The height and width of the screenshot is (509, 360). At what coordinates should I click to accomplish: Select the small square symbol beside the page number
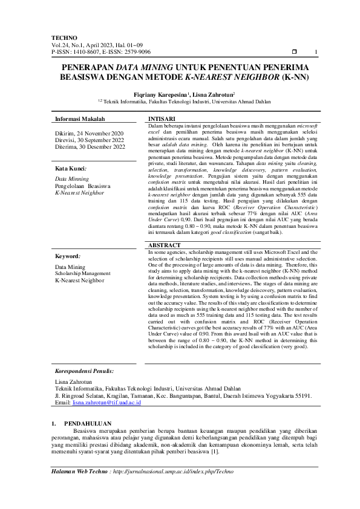[294, 52]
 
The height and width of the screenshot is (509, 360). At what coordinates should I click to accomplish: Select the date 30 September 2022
[103, 140]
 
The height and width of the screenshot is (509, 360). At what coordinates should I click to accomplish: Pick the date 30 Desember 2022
[103, 146]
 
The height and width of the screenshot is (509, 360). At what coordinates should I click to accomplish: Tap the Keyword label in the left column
[68, 256]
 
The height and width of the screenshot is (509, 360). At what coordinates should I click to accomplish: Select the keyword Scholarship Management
[83, 273]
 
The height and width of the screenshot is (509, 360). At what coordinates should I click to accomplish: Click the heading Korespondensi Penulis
[84, 371]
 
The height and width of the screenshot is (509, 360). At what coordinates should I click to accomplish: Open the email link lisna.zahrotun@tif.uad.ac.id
[106, 402]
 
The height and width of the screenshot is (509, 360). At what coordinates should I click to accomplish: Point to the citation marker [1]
[215, 451]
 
